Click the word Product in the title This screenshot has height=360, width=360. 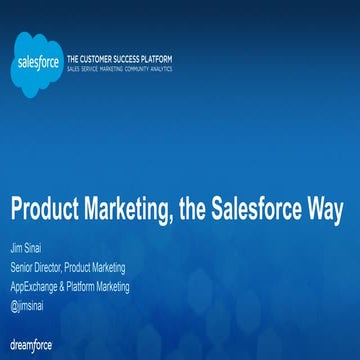tap(46, 213)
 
